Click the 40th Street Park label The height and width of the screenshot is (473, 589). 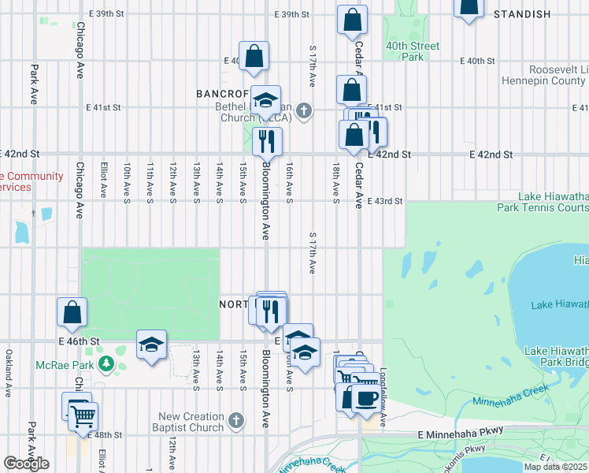click(x=412, y=51)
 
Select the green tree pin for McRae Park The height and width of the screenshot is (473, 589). click(x=108, y=364)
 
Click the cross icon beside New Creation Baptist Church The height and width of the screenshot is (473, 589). click(x=235, y=422)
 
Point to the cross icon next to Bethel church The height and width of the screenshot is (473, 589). click(x=303, y=111)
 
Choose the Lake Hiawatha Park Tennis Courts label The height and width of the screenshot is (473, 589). click(x=554, y=202)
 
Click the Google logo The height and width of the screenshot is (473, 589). click(x=25, y=464)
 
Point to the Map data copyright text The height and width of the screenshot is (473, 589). click(x=556, y=467)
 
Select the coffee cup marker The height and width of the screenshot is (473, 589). click(x=365, y=397)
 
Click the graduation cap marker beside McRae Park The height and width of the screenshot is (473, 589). click(x=151, y=344)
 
